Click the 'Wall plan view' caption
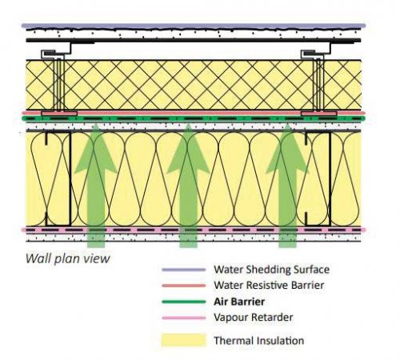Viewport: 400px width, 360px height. [x=68, y=258]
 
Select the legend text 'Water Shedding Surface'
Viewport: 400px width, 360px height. [x=271, y=270]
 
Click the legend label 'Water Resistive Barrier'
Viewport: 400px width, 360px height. [x=269, y=286]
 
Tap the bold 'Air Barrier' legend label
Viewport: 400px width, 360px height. [x=239, y=302]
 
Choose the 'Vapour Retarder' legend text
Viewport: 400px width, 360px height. [x=254, y=318]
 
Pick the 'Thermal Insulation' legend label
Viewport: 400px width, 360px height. [x=259, y=341]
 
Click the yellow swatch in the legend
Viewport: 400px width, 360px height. [x=184, y=340]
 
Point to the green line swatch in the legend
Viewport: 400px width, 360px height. [x=184, y=302]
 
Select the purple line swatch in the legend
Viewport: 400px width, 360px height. [x=184, y=270]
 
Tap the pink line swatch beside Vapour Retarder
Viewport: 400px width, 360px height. [x=184, y=318]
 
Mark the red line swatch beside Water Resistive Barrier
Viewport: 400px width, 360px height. [x=184, y=286]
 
